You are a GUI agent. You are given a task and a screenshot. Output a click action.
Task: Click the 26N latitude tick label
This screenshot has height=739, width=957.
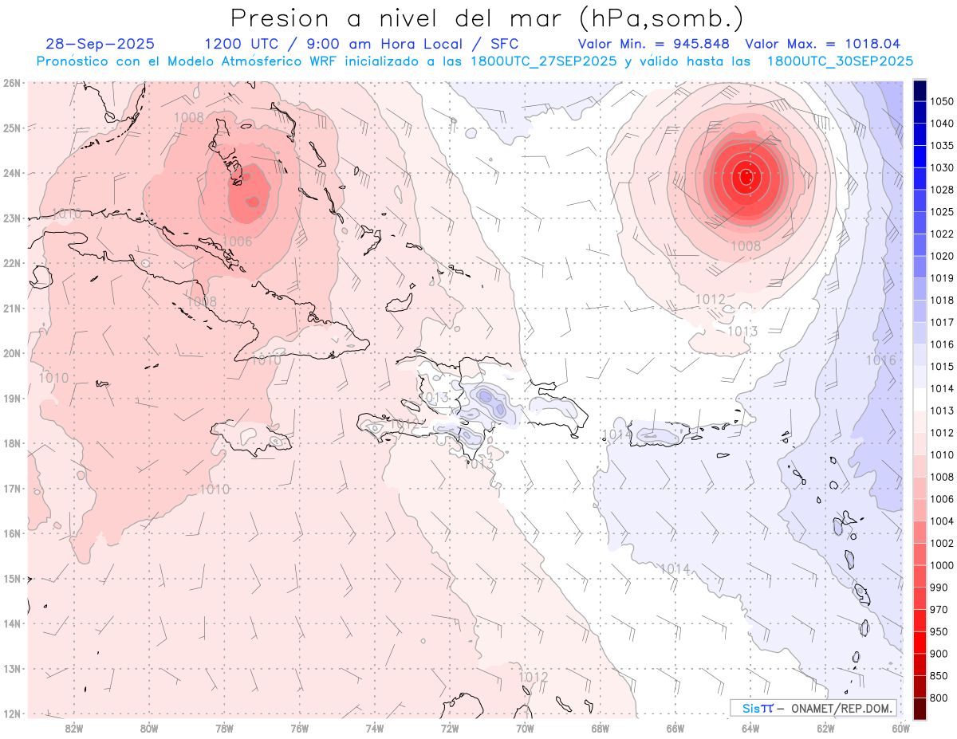click(x=11, y=82)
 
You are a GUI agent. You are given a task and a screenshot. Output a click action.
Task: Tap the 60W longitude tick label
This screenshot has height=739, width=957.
click(x=901, y=727)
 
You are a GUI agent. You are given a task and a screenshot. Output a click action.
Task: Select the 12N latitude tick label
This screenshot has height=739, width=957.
click(x=11, y=713)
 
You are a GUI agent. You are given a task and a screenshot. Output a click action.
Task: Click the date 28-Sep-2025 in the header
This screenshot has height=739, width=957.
click(x=100, y=44)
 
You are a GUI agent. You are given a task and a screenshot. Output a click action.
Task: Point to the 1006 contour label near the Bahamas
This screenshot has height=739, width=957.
click(x=237, y=242)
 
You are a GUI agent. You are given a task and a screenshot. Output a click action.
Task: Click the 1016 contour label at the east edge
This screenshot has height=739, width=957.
click(x=880, y=360)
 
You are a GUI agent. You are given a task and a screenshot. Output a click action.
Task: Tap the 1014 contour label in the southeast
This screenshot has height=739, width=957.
click(x=675, y=568)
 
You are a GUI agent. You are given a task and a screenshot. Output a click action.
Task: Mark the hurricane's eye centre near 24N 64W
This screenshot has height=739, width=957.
click(x=746, y=176)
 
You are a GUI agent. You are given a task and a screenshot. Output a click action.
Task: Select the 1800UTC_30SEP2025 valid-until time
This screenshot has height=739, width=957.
click(x=840, y=61)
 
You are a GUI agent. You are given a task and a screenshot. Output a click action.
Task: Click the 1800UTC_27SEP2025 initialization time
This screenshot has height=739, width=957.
click(x=544, y=61)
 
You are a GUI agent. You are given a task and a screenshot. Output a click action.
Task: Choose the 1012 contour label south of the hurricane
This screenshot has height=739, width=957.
click(x=711, y=299)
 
